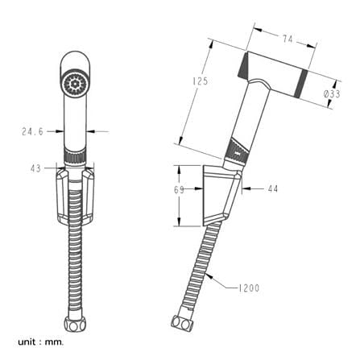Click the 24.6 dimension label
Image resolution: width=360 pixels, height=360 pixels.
(32, 131)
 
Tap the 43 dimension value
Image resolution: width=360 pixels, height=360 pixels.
(35, 168)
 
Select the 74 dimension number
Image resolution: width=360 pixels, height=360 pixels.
(288, 39)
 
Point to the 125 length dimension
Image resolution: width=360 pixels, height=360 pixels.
(201, 81)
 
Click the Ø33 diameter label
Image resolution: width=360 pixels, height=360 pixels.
(332, 94)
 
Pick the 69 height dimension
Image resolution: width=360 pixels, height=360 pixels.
(180, 190)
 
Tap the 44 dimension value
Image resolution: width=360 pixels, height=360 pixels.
(273, 189)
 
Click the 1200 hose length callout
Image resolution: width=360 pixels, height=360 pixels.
(249, 288)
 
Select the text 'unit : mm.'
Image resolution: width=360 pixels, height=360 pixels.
(41, 342)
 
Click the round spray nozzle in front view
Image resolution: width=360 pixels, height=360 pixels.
(74, 84)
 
